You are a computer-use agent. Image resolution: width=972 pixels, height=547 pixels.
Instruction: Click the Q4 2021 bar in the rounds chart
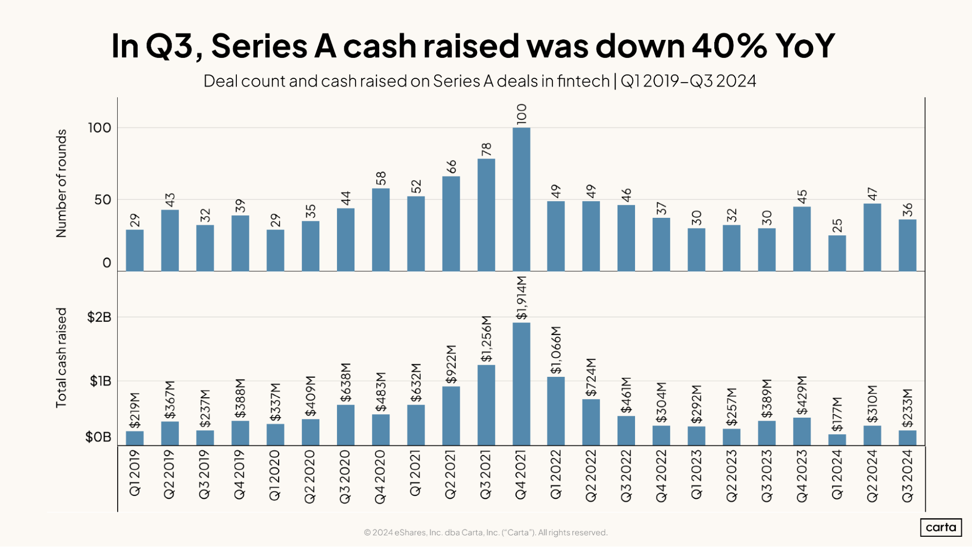pos(521,199)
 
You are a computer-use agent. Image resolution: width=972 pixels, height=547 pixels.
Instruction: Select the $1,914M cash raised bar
pos(521,384)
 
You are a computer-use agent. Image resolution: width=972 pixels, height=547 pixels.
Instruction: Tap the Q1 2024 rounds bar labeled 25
pos(837,253)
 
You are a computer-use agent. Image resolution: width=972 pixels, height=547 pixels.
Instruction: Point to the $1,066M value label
pos(556,350)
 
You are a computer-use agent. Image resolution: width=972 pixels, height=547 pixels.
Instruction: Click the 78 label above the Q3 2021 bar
pos(486,150)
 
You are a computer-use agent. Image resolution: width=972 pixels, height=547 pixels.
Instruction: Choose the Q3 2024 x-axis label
pos(907,476)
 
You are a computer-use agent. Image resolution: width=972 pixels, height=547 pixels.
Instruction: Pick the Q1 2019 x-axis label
pos(135,473)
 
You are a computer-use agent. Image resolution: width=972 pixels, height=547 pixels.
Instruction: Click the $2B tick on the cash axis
pos(99,317)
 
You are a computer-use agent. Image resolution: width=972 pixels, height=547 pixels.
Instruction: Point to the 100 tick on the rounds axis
pos(99,128)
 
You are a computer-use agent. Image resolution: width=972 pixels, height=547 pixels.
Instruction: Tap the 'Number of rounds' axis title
pos(61,183)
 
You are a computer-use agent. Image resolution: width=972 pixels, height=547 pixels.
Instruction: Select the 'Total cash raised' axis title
pos(61,357)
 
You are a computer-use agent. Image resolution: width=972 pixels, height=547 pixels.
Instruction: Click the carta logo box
pos(940,528)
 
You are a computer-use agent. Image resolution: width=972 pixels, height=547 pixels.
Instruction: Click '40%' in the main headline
pos(729,46)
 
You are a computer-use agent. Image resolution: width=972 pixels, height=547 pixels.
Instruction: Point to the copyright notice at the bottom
pos(485,532)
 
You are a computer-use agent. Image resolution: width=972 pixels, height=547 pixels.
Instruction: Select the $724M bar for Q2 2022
pos(591,422)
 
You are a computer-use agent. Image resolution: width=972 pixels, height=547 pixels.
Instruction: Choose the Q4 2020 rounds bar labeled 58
pos(381,229)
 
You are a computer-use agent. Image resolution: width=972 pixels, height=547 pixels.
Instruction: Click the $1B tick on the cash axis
pos(100,381)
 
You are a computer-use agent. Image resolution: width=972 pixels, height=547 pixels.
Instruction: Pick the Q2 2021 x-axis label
pos(451,474)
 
